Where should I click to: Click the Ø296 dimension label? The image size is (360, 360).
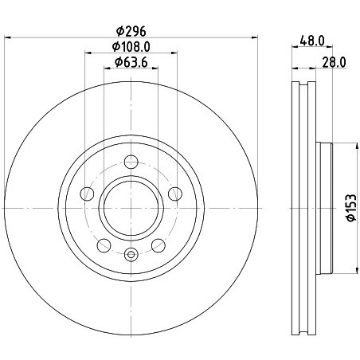(x=131, y=31)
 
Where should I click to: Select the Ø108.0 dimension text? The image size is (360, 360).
(x=131, y=47)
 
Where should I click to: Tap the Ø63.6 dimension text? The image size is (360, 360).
(x=131, y=62)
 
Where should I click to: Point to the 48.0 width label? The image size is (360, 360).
(x=312, y=41)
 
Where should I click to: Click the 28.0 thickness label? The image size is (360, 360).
(x=335, y=62)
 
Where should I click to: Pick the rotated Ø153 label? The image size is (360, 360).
(x=350, y=208)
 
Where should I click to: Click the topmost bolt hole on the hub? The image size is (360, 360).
(x=131, y=162)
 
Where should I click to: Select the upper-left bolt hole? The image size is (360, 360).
(x=87, y=194)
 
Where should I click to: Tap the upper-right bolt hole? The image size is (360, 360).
(x=175, y=194)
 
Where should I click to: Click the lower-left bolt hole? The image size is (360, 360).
(x=104, y=245)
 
